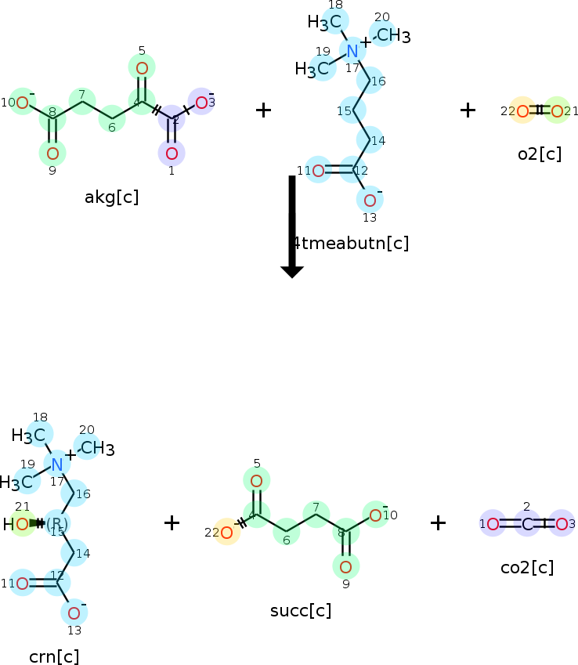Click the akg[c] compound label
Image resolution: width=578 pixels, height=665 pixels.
111,197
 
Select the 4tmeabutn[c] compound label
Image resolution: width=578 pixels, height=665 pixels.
351,243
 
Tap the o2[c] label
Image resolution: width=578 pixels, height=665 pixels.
540,154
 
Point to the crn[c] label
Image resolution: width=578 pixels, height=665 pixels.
54,656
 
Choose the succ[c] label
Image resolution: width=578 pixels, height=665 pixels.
299,610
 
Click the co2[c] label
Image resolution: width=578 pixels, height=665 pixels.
526,567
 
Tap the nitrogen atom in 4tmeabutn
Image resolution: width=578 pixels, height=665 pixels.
352,52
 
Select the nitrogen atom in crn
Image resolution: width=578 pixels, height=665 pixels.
57,464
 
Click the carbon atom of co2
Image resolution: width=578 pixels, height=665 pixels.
527,524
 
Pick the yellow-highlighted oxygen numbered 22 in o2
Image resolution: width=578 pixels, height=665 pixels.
522,111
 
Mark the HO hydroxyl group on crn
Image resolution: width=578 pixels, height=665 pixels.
17,524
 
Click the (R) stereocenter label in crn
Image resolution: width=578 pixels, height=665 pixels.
57,523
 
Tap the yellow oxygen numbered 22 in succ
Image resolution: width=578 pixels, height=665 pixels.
227,533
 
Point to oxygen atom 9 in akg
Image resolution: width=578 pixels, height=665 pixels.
52,153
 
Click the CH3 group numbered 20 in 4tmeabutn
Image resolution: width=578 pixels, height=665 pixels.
392,35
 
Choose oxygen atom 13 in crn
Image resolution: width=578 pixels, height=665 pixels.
74,613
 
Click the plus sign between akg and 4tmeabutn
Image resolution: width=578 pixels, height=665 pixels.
264,110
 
